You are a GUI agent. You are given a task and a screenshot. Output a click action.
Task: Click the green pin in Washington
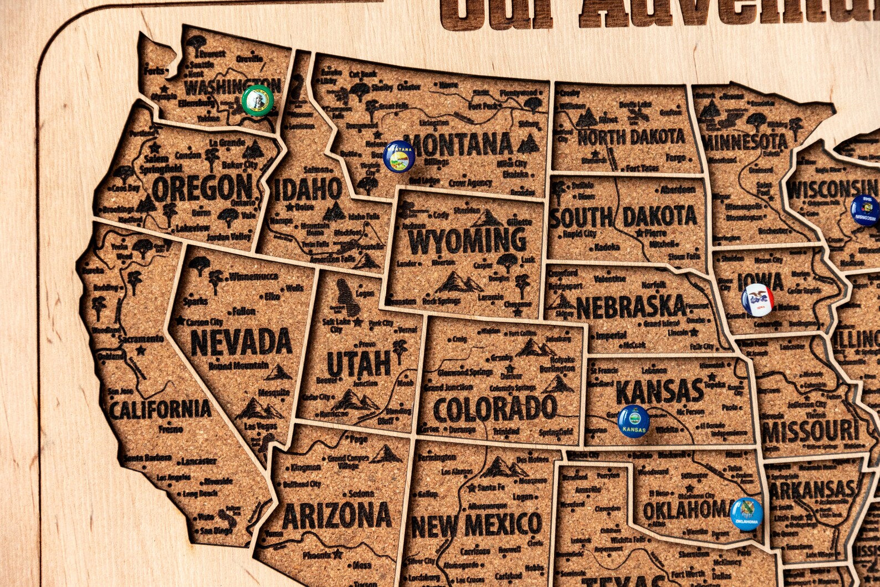[x=258, y=101]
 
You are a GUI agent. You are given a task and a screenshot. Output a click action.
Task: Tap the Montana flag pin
[x=399, y=156]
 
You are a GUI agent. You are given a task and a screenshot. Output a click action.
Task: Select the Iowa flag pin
[x=758, y=300]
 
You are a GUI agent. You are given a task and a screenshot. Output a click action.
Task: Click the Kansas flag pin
[x=633, y=421]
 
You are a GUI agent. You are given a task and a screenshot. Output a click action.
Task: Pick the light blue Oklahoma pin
[x=746, y=514]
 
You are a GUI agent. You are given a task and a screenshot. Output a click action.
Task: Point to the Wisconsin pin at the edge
[x=866, y=211]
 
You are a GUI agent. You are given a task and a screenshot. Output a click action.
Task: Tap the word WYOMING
[x=467, y=241]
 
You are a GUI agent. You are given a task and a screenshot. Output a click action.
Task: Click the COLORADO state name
[x=494, y=409]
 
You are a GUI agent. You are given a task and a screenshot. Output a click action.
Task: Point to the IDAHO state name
[x=308, y=190]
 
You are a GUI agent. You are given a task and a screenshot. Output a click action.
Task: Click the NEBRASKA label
[x=631, y=307]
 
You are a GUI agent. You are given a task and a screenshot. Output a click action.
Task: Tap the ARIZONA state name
[x=336, y=515]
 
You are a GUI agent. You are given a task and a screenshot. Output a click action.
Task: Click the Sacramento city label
[x=141, y=339]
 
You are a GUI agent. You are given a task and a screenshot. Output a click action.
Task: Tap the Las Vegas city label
[x=259, y=426]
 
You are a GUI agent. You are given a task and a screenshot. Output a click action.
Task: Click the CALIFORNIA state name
[x=160, y=410]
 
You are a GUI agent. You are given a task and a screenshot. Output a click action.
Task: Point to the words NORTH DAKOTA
[x=631, y=137]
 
